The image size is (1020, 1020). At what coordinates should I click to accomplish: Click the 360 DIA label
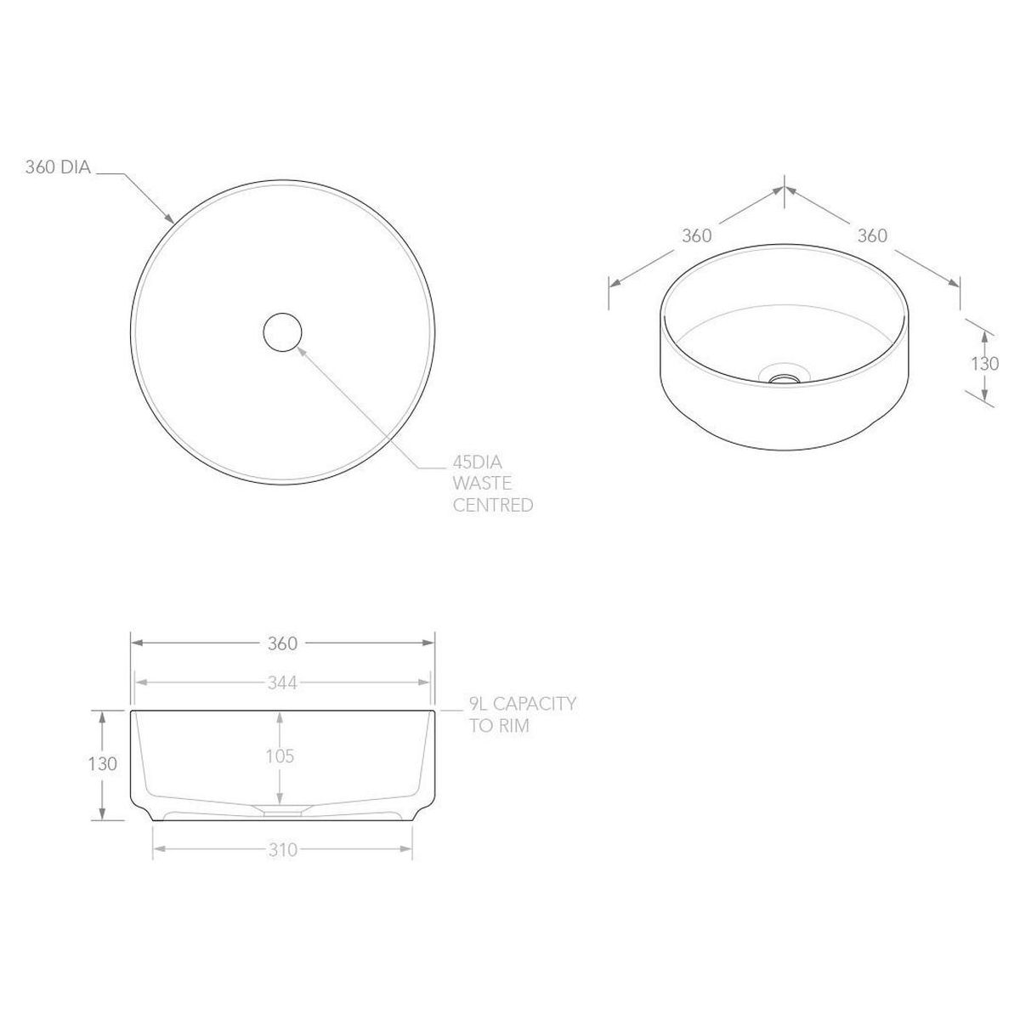[59, 167]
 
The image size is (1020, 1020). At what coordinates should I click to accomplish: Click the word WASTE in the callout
[482, 484]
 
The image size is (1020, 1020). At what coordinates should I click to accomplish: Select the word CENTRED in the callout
[493, 505]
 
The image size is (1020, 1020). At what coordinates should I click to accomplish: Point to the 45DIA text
[477, 462]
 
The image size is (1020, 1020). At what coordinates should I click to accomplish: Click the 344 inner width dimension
[282, 683]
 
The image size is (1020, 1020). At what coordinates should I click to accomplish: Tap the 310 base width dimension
[283, 850]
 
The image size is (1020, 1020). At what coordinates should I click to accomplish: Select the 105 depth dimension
[280, 756]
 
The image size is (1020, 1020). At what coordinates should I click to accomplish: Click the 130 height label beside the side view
[103, 764]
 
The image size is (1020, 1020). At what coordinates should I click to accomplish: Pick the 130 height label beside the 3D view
[984, 363]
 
